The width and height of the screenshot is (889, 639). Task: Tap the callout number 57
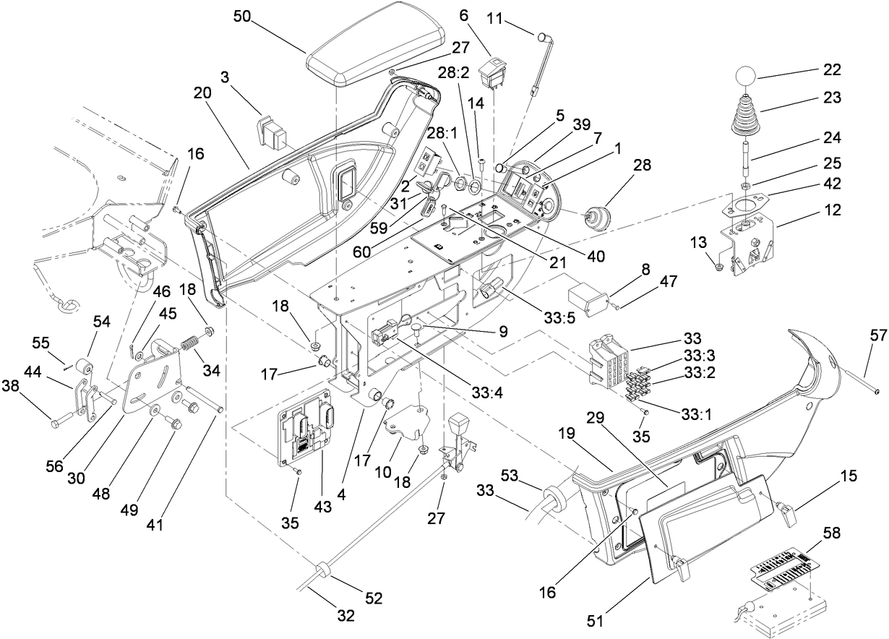click(877, 337)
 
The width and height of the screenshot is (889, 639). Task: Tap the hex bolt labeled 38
click(56, 419)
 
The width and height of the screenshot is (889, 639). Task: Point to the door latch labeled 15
click(786, 515)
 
